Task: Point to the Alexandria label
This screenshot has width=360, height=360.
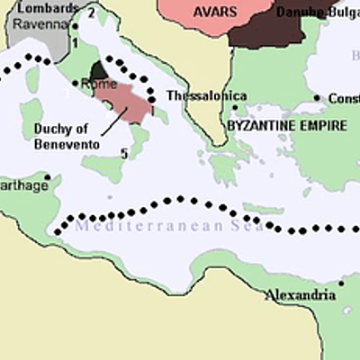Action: pos(301,294)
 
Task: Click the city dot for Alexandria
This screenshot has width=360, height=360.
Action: pos(342,284)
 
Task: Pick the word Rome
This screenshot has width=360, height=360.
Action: pos(99,83)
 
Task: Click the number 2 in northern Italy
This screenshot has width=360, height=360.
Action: pos(91,13)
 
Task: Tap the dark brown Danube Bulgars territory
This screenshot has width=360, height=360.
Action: pos(265,27)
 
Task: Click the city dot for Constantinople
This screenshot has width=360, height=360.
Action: pos(318,97)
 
